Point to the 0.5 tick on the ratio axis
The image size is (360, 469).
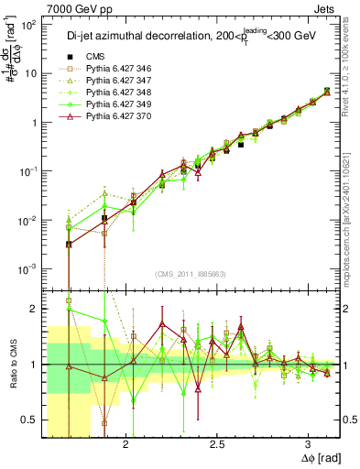coord(31,420)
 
